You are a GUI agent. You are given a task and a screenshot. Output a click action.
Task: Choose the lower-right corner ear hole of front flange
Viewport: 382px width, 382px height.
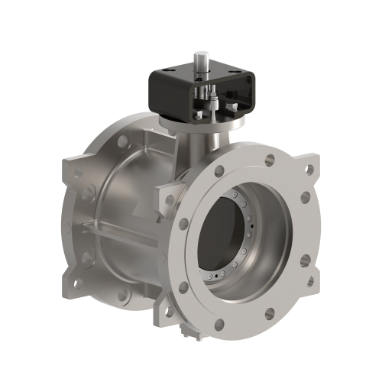(309, 282)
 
